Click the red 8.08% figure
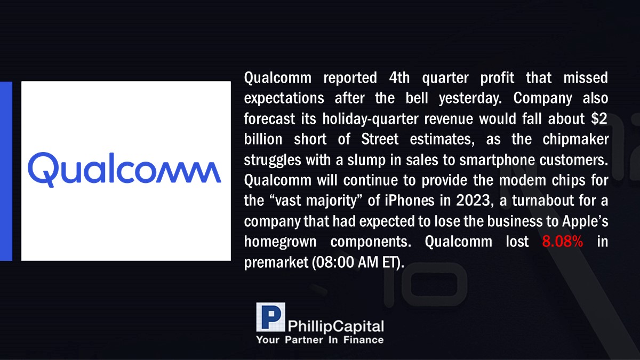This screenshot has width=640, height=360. coord(562,242)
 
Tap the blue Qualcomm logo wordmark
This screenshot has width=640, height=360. coord(124,170)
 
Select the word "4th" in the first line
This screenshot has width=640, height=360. coord(399,77)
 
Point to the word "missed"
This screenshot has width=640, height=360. coord(586,77)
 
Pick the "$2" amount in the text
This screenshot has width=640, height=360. coord(599,118)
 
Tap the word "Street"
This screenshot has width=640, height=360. coord(380,139)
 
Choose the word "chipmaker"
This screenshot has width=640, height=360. coord(575,140)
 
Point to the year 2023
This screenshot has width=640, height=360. coord(473,201)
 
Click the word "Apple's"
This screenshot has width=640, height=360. coord(585,221)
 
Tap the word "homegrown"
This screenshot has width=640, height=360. coord(280,242)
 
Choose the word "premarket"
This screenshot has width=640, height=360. coord(276,262)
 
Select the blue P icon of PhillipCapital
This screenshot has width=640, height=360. coord(270,317)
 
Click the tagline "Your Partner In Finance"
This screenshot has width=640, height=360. coord(319,340)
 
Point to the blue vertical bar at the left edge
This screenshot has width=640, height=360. coord(6,171)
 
